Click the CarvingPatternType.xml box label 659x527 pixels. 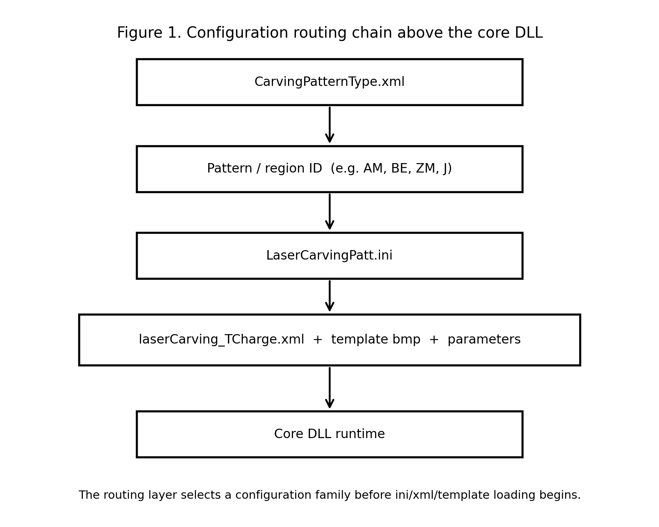click(x=329, y=82)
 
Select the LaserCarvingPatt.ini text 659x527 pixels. click(x=329, y=256)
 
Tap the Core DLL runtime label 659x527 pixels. click(x=329, y=434)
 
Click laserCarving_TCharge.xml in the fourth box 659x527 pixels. click(x=221, y=340)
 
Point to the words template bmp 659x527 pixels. click(x=375, y=340)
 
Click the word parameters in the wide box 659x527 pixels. click(x=484, y=340)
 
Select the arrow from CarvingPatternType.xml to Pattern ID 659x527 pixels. click(x=329, y=125)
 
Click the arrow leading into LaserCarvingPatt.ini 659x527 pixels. click(x=329, y=212)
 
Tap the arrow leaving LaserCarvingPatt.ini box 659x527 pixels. click(x=329, y=296)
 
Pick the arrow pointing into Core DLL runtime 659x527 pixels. click(x=329, y=388)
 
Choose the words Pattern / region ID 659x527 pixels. click(x=264, y=169)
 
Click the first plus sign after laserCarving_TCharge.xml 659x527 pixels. click(x=317, y=340)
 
